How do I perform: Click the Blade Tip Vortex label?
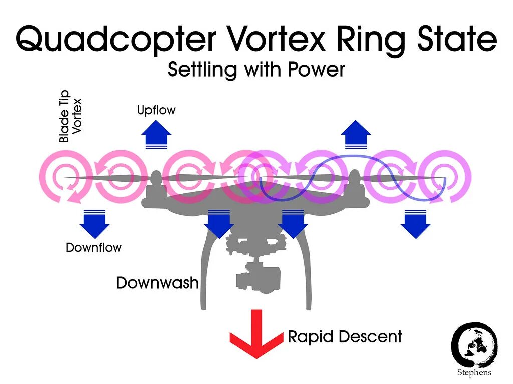click(71, 116)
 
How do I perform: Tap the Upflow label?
click(156, 110)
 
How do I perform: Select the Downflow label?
click(94, 247)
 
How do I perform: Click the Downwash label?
click(157, 283)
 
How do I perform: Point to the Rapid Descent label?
click(345, 337)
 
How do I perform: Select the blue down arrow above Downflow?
click(94, 223)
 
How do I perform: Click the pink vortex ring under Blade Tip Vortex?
click(65, 177)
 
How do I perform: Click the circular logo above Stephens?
click(474, 344)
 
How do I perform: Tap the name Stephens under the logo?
click(474, 373)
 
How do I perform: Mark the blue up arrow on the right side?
click(356, 135)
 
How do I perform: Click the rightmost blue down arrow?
click(415, 223)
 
